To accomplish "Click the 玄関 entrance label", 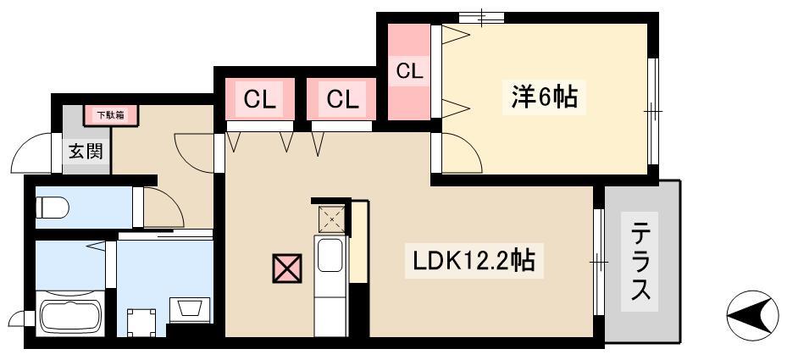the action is pyautogui.click(x=86, y=151).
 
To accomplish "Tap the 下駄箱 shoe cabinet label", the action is pyautogui.click(x=110, y=115).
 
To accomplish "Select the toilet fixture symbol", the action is pyautogui.click(x=52, y=208).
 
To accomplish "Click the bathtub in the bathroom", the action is pyautogui.click(x=69, y=315).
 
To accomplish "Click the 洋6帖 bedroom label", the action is pyautogui.click(x=544, y=97).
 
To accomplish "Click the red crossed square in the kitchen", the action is pyautogui.click(x=286, y=269).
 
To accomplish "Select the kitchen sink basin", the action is pyautogui.click(x=330, y=255).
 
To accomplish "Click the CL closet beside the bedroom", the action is pyautogui.click(x=409, y=71).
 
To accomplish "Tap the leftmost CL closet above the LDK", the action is pyautogui.click(x=259, y=99).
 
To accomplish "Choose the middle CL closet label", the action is pyautogui.click(x=342, y=99).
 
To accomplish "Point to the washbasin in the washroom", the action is pyautogui.click(x=189, y=310).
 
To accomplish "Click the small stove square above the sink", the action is pyautogui.click(x=332, y=219).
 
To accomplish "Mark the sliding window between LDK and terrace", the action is pyautogui.click(x=598, y=262).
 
